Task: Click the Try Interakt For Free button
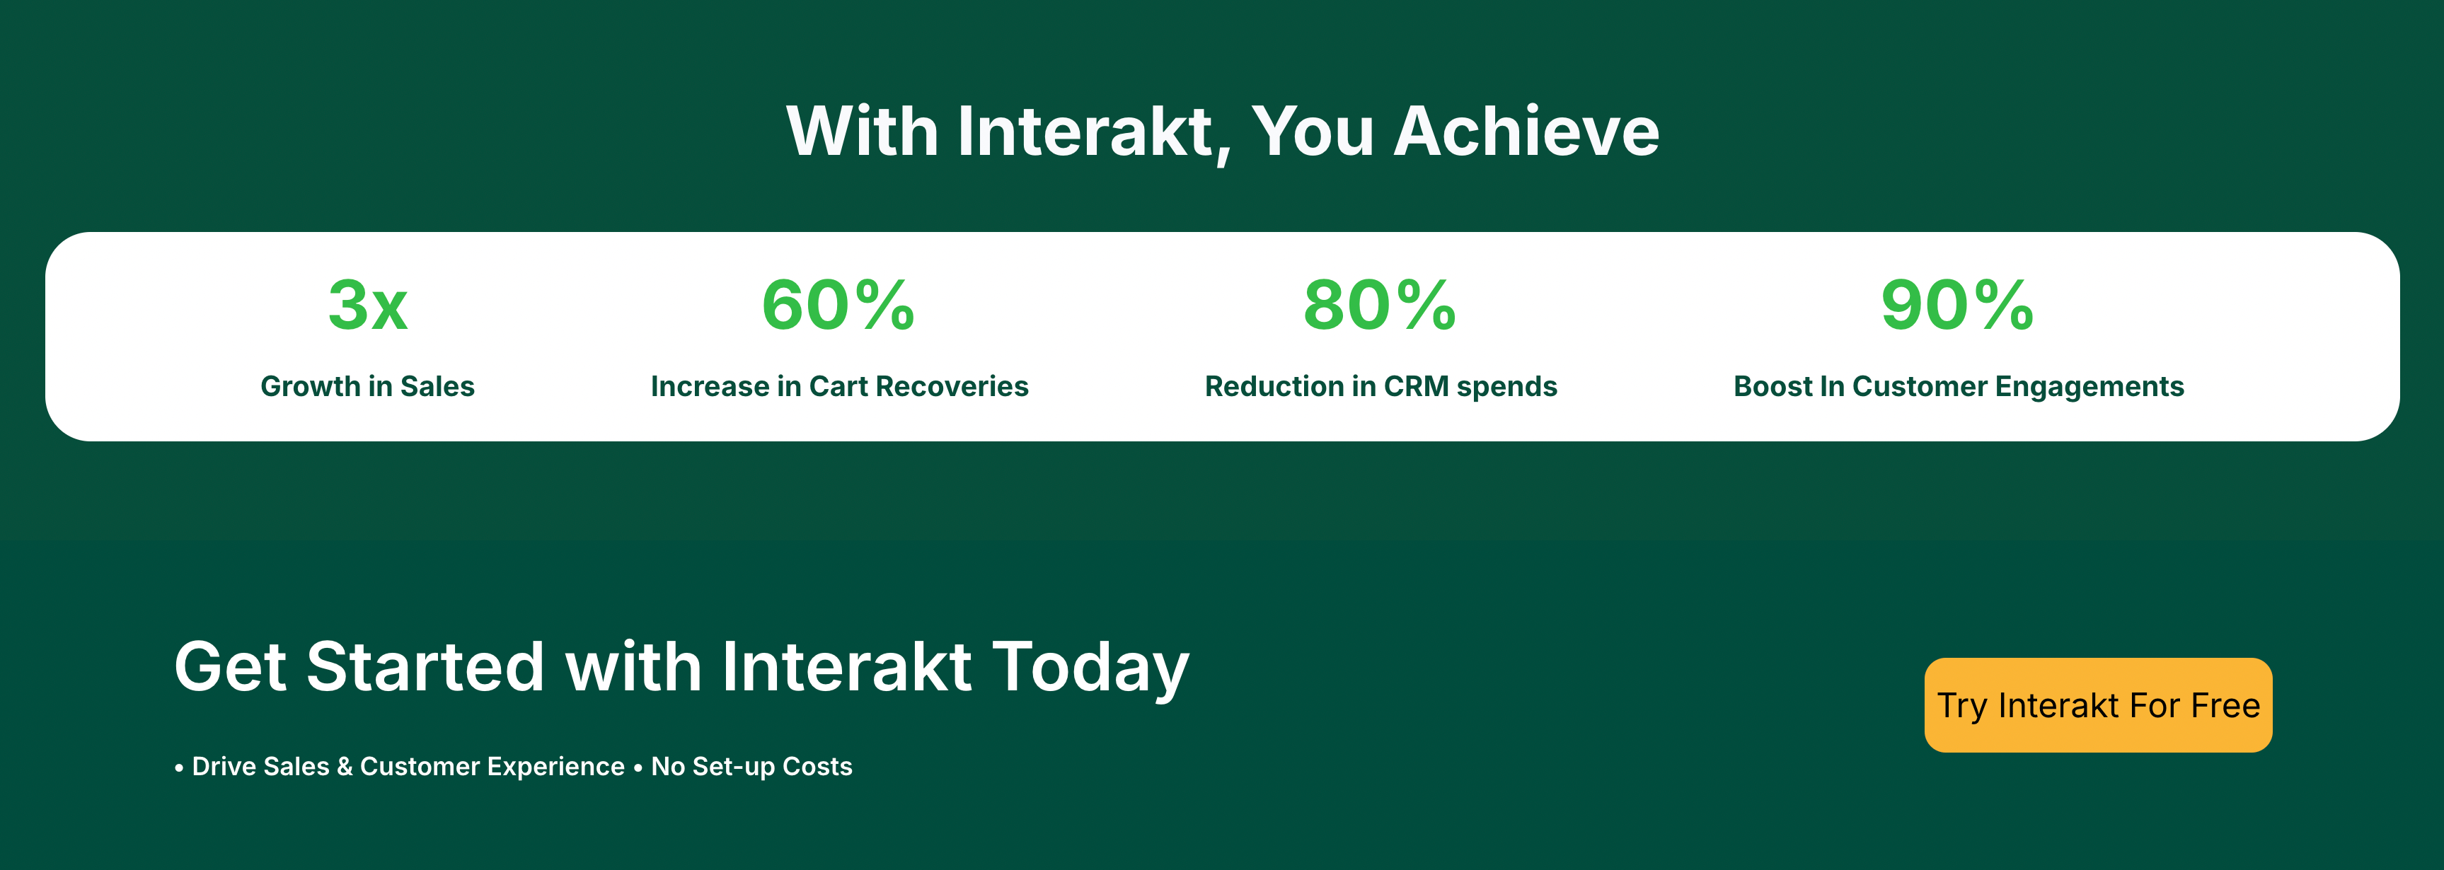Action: tap(2098, 705)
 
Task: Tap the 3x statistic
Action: tap(368, 306)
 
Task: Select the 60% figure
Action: tap(838, 306)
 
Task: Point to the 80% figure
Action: tap(1380, 306)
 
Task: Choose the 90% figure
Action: tap(1957, 306)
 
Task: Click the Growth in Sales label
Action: tap(368, 386)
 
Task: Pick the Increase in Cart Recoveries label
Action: tap(840, 386)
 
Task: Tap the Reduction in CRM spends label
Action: tap(1381, 386)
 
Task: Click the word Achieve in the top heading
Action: tap(1526, 131)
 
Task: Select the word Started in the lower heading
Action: tap(426, 667)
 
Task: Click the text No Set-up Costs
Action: tap(751, 767)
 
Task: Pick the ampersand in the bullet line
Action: tap(345, 767)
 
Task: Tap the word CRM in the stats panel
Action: tap(1417, 386)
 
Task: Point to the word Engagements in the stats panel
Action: tap(2090, 387)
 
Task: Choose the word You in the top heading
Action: tap(1313, 131)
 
